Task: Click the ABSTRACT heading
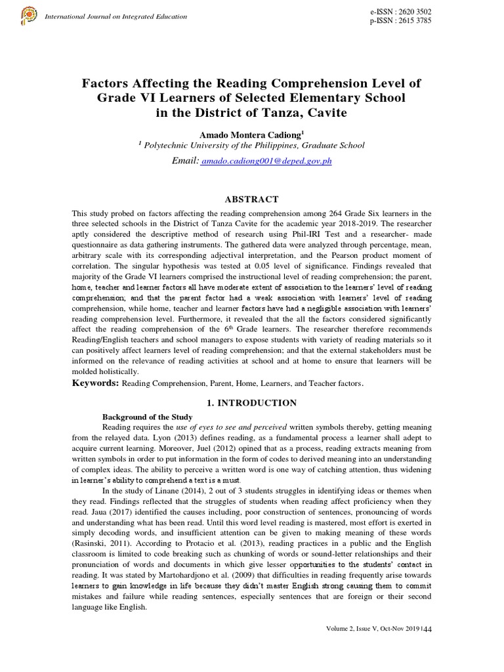tap(252, 199)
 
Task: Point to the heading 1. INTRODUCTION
tap(252, 403)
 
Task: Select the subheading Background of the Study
tap(147, 417)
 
